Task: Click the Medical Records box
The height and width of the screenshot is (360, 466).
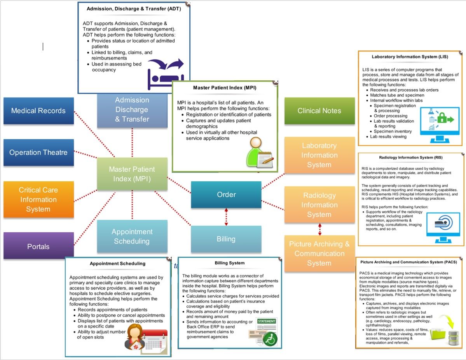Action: (x=38, y=111)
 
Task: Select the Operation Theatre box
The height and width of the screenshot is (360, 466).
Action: (x=38, y=153)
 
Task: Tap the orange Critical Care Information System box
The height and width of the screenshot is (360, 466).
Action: (x=38, y=200)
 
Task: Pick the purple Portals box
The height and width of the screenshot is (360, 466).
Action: (x=38, y=246)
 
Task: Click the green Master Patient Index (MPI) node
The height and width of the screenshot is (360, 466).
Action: (x=132, y=174)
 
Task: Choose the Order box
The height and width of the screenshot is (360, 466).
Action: (x=226, y=195)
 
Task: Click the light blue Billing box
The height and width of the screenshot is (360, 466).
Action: (x=226, y=239)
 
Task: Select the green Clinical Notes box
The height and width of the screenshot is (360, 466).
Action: (x=319, y=111)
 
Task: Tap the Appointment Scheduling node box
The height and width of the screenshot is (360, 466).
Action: (x=132, y=237)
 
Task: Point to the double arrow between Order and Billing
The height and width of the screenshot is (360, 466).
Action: (x=226, y=217)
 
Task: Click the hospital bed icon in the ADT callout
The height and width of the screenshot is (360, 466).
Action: (x=165, y=74)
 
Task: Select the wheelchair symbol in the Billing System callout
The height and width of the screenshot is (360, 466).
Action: (x=269, y=339)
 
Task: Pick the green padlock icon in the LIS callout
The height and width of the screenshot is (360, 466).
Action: (x=440, y=118)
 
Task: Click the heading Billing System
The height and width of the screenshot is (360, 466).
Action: (x=230, y=263)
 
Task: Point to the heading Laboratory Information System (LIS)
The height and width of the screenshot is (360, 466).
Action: (x=410, y=57)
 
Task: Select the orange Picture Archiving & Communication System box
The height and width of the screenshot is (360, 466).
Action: (x=319, y=254)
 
